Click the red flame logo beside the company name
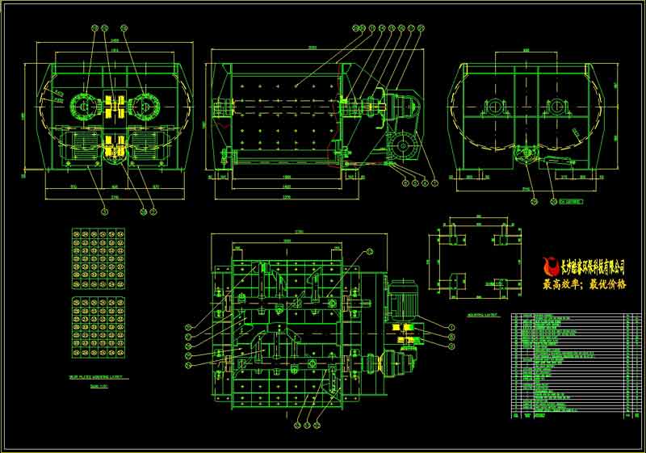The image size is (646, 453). (552, 266)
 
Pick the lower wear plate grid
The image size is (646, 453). (98, 328)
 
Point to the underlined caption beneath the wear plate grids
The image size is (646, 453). (97, 376)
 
